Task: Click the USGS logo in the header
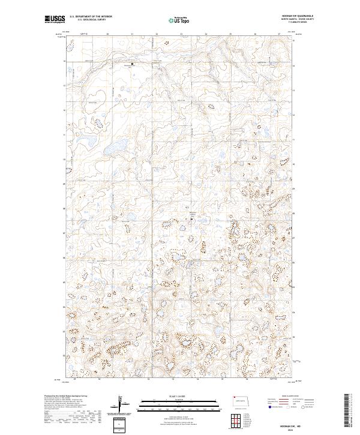(x=55, y=19)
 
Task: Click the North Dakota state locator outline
(x=241, y=401)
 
